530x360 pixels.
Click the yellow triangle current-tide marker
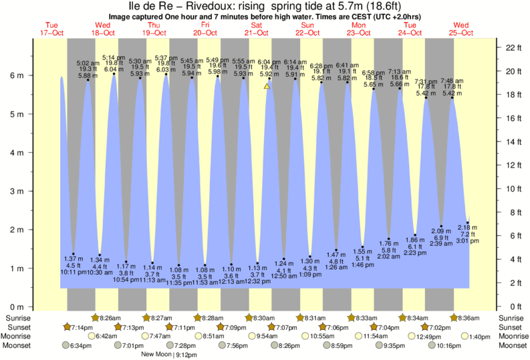click(x=267, y=86)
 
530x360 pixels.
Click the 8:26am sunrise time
click(x=110, y=317)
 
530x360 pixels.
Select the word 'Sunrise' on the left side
click(x=17, y=317)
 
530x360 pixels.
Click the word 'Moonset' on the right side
click(x=512, y=345)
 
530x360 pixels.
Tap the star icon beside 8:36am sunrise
click(x=454, y=317)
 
